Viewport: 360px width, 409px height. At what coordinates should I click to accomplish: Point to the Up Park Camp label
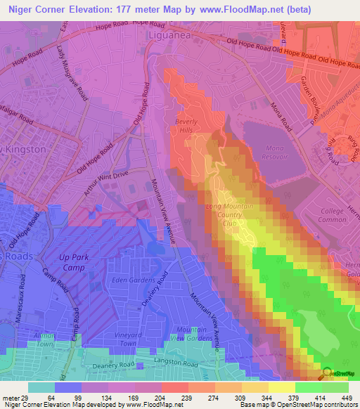click(72, 261)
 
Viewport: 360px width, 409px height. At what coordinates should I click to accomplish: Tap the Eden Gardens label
click(134, 280)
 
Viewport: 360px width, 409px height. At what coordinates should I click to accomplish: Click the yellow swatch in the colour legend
click(281, 387)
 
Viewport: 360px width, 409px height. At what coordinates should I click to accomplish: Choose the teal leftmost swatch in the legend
click(41, 387)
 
